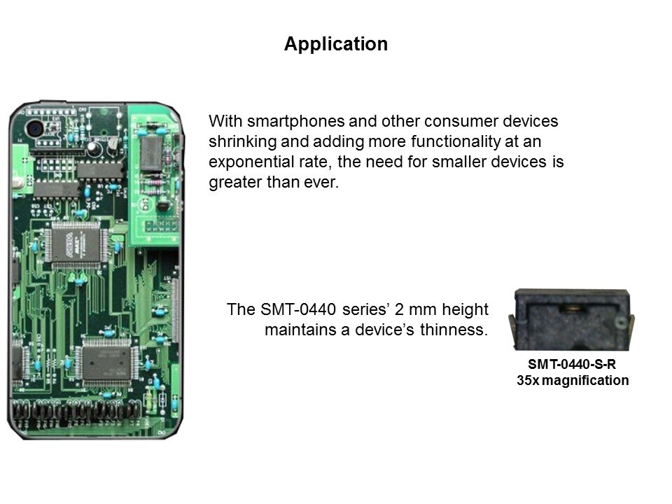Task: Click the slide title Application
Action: [x=336, y=44]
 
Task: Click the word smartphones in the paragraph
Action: [x=295, y=121]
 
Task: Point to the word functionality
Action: [x=456, y=141]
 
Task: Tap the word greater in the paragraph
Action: [x=235, y=182]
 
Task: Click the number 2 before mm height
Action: [x=399, y=309]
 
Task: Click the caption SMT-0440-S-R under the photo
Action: [x=572, y=364]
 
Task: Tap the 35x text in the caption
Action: [x=528, y=380]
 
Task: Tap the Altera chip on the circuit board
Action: [x=76, y=245]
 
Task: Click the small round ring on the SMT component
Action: [x=620, y=323]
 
